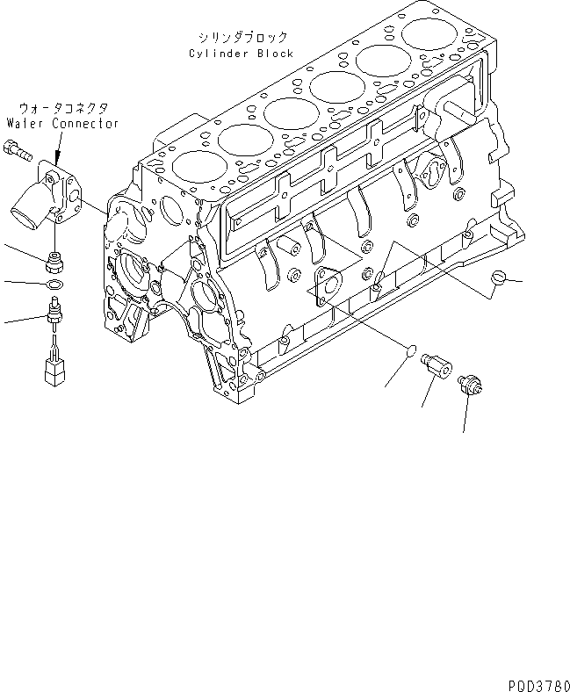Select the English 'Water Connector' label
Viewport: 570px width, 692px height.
pos(62,124)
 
